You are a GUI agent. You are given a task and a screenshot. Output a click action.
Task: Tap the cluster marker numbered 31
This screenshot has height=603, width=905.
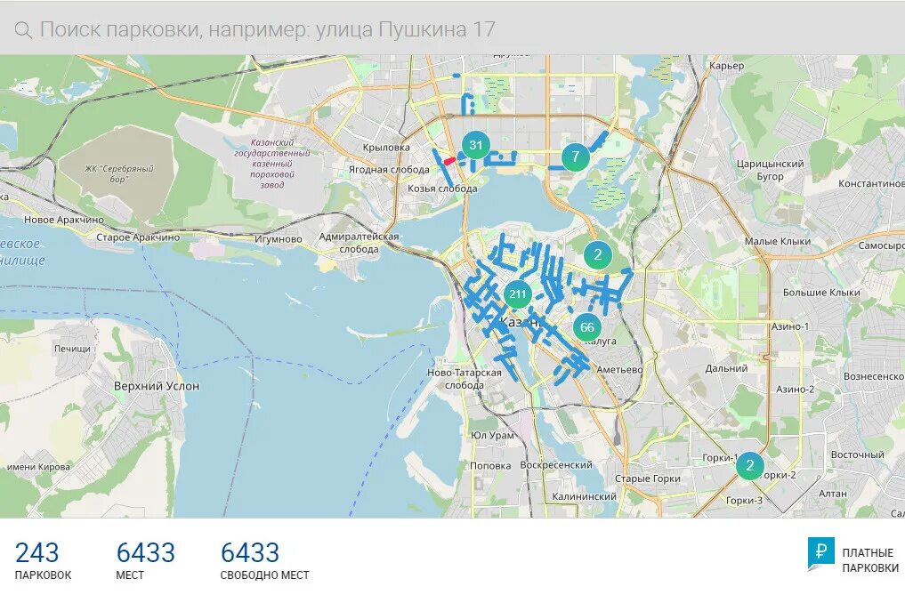tap(476, 145)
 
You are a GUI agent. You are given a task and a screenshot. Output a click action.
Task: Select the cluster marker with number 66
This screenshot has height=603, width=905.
tap(587, 327)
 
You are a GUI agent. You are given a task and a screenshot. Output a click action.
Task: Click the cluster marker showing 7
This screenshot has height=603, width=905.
tap(576, 157)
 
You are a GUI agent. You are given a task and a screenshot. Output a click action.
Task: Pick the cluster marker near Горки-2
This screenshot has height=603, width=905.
tap(750, 465)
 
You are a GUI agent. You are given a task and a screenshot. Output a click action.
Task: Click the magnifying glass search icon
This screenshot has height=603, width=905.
tap(24, 29)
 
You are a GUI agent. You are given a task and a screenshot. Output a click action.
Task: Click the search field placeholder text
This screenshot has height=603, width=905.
tap(267, 29)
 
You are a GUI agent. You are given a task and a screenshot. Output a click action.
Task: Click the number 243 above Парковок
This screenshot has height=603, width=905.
tap(37, 552)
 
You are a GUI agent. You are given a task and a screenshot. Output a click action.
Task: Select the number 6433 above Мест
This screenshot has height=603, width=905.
tap(146, 552)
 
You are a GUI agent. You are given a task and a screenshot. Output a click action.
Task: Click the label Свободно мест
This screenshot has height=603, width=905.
tap(265, 575)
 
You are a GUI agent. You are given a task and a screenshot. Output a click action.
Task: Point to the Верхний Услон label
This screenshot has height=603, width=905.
tap(157, 386)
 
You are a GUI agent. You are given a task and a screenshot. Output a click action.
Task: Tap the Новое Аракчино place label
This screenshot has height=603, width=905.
tap(64, 220)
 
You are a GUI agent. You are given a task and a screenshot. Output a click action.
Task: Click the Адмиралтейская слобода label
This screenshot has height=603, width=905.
tap(359, 243)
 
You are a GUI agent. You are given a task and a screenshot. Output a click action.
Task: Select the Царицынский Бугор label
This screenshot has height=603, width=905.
tap(771, 170)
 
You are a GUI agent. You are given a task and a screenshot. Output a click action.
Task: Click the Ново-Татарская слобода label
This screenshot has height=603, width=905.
tap(465, 379)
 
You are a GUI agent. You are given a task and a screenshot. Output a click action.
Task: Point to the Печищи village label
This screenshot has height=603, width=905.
tap(72, 349)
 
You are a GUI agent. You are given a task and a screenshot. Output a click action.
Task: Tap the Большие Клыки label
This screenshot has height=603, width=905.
tap(821, 292)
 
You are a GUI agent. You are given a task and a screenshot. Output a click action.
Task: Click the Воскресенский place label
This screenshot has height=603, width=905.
tap(556, 465)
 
